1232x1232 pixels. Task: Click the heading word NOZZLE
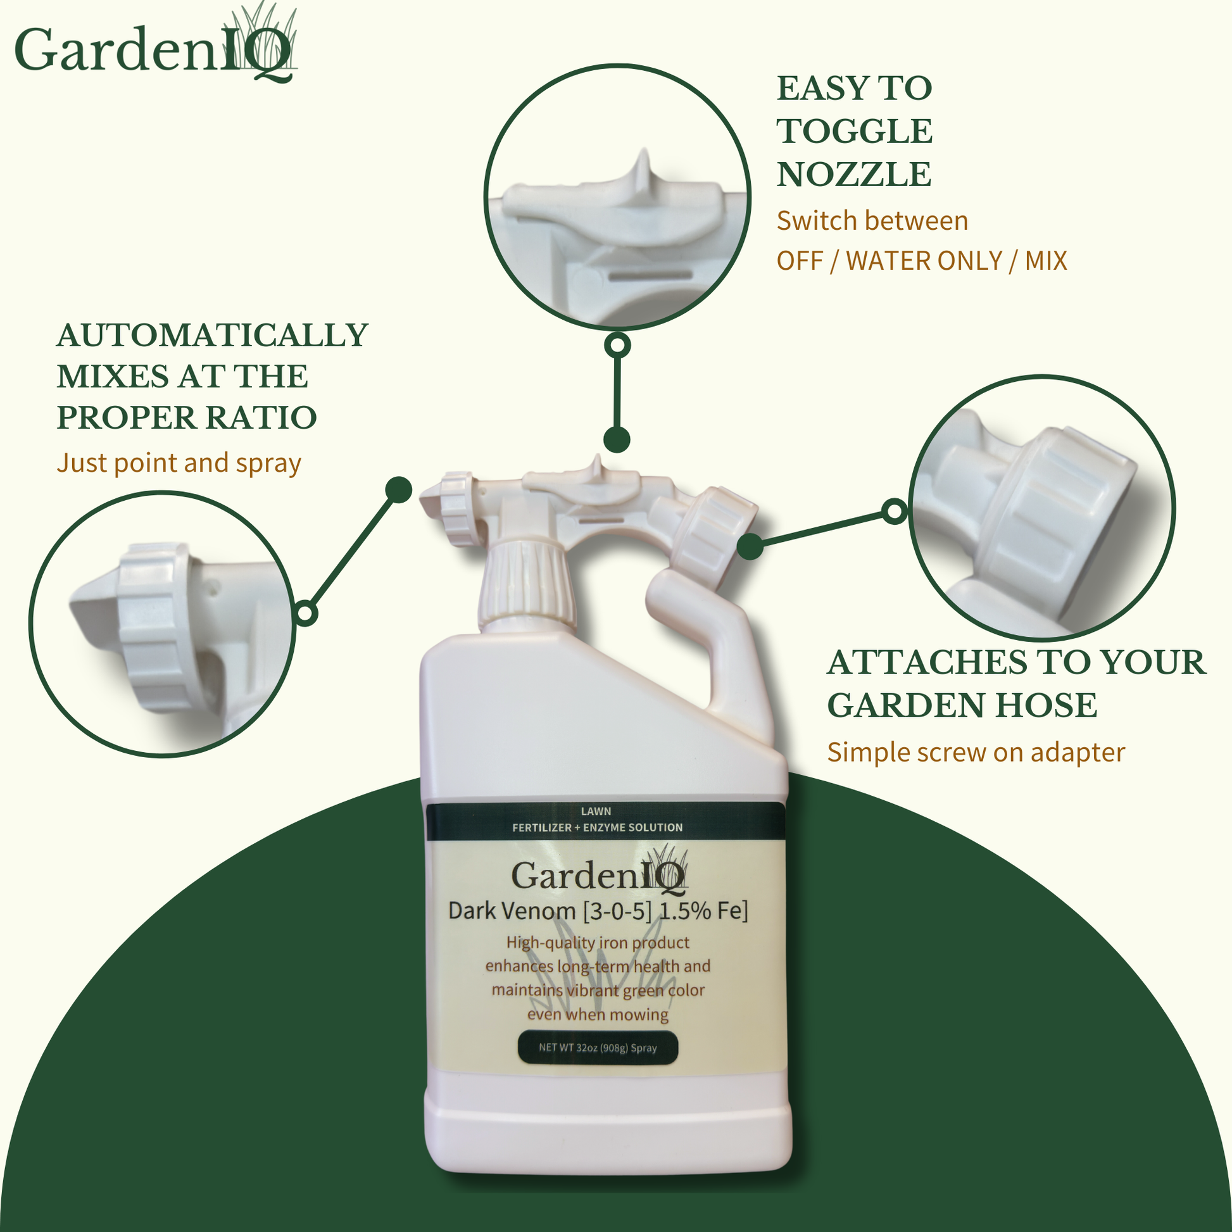(x=854, y=174)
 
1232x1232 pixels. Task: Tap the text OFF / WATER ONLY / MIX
(x=921, y=261)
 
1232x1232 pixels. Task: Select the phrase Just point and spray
(x=179, y=463)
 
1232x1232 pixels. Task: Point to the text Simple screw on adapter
(x=976, y=753)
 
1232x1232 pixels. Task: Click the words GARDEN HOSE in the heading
(x=962, y=705)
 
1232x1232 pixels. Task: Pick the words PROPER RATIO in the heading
(x=186, y=418)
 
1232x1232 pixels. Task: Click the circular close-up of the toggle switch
(x=617, y=196)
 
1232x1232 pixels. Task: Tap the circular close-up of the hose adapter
(x=1041, y=507)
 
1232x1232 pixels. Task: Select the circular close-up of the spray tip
(x=162, y=624)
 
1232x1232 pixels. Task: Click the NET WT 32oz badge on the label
(x=598, y=1048)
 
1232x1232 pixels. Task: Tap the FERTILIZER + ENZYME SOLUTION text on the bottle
(x=597, y=827)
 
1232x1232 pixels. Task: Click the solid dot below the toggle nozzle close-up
(x=617, y=439)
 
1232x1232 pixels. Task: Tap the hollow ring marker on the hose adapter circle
(x=895, y=511)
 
